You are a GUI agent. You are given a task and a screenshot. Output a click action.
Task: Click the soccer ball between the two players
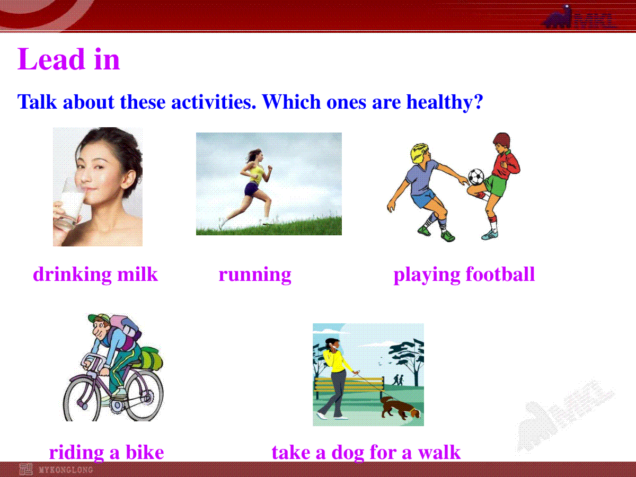click(x=476, y=176)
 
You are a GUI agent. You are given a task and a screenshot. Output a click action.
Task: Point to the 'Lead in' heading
click(x=68, y=59)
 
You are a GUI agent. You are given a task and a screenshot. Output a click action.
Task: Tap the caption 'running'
click(x=255, y=275)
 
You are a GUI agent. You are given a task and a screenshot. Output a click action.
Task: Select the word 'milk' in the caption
click(x=137, y=273)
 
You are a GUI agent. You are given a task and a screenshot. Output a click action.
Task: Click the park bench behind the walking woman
click(x=349, y=385)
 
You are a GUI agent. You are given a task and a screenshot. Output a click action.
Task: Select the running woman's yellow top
click(x=257, y=173)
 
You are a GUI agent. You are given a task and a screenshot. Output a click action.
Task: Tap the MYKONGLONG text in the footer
click(x=66, y=470)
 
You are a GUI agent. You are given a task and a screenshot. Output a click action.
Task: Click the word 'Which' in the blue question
click(x=291, y=102)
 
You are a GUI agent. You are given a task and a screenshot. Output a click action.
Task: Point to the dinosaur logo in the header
click(x=558, y=17)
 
